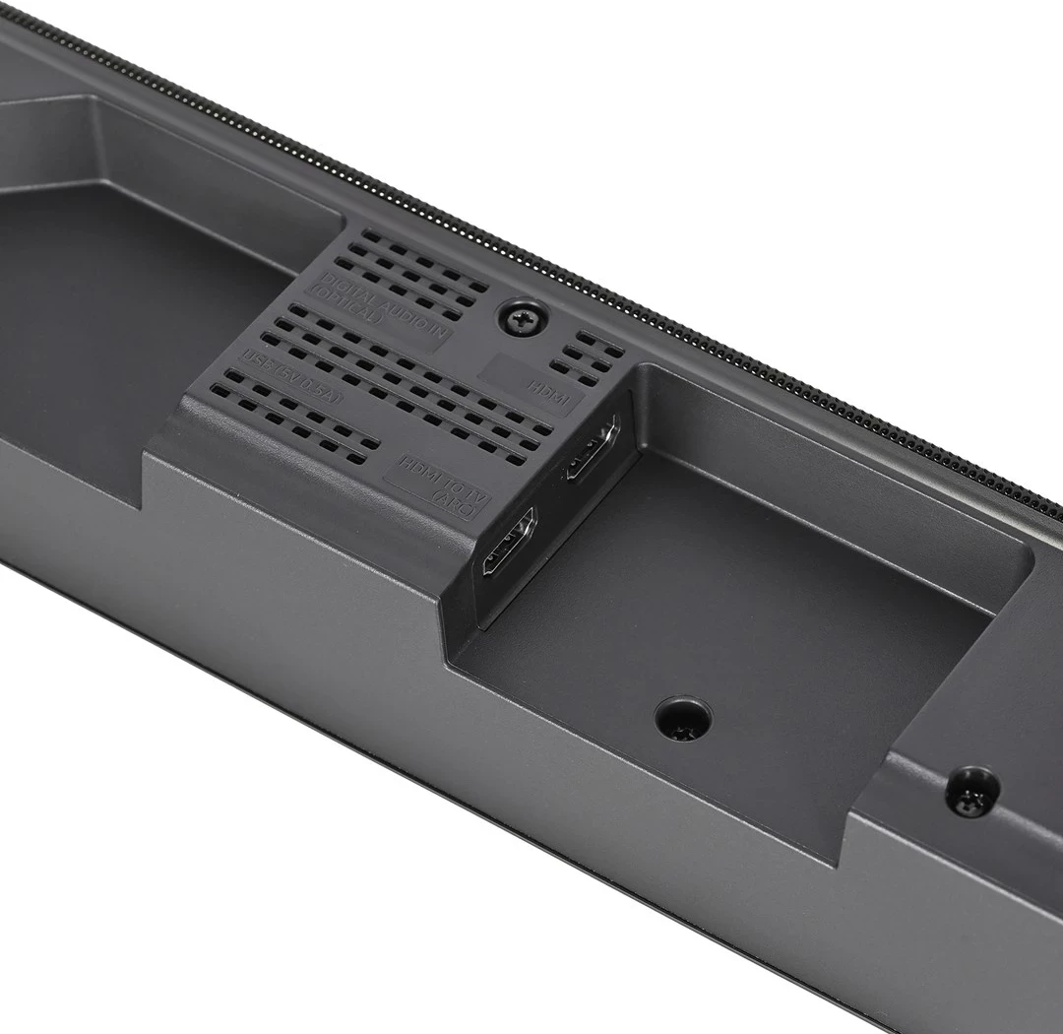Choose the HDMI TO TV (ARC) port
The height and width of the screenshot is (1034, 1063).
[508, 542]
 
